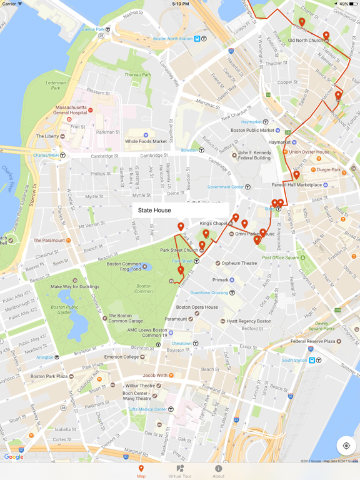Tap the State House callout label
tap(154, 211)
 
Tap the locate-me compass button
tap(346, 446)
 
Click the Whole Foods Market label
tap(146, 142)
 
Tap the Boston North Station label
tap(173, 39)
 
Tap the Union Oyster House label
tap(309, 152)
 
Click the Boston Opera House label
tap(197, 307)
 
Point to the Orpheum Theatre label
tap(239, 263)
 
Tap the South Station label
tap(294, 360)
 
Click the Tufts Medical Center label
tap(147, 409)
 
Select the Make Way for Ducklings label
tap(75, 287)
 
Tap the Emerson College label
tap(121, 357)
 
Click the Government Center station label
tap(226, 187)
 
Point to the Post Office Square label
tap(281, 257)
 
